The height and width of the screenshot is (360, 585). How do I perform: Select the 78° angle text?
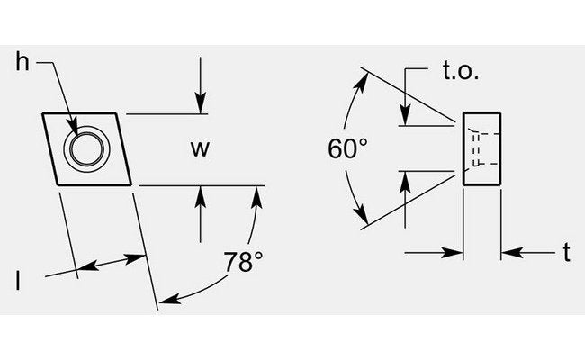coord(243,263)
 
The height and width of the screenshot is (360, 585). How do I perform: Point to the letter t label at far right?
coord(566,254)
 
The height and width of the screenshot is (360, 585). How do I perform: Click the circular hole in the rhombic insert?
coord(86,148)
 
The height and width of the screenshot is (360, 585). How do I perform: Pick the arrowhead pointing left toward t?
coord(508,255)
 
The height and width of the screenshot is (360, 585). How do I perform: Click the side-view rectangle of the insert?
coord(481,148)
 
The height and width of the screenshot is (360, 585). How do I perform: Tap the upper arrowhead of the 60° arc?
coord(365,74)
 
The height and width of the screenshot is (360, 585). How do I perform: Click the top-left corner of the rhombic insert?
coord(42,113)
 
